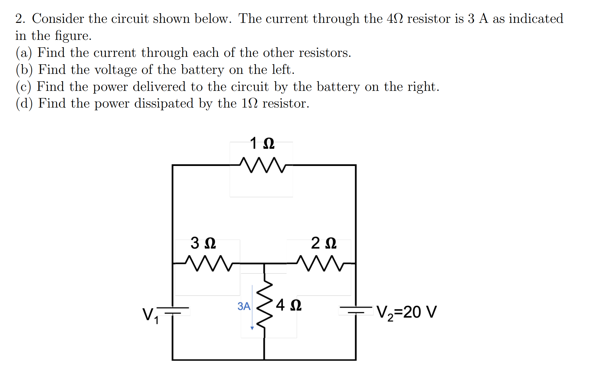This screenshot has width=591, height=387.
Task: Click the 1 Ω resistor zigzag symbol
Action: (262, 165)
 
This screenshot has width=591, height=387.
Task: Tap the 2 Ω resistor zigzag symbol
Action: (320, 263)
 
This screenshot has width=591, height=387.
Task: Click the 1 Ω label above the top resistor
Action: (262, 143)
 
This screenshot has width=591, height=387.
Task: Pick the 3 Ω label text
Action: (203, 243)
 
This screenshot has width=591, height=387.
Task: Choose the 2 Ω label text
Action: (324, 243)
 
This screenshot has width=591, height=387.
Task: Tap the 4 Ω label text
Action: (289, 305)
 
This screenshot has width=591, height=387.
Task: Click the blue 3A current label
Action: (244, 306)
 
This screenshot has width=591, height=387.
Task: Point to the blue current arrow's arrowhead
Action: (252, 328)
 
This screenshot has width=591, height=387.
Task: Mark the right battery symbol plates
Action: (356, 310)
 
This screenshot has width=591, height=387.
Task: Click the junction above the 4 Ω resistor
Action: (264, 264)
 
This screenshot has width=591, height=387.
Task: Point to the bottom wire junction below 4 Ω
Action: (264, 360)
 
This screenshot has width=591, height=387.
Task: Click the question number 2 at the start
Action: (20, 19)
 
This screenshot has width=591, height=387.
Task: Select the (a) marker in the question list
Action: (24, 53)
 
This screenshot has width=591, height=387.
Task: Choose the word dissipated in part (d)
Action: (164, 104)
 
